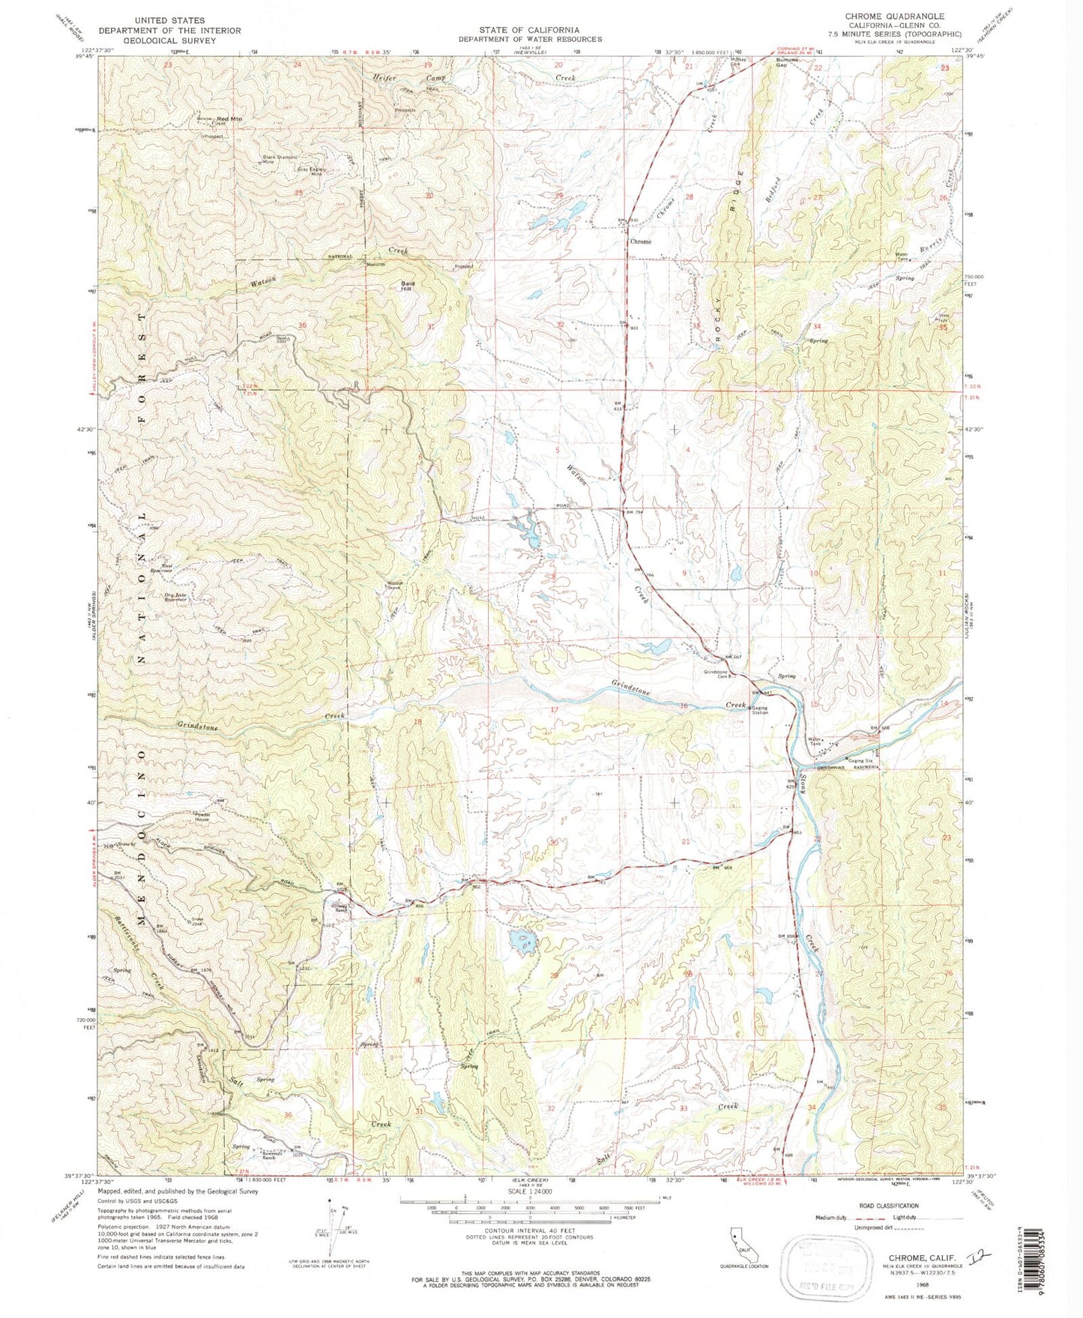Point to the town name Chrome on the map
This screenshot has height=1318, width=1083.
[640, 241]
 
